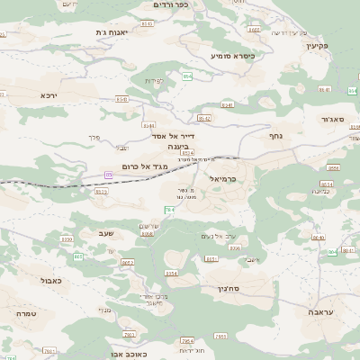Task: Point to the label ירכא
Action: [49, 95]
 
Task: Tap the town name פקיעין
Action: [339, 43]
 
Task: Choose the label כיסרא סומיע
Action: [233, 56]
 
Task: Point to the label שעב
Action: [103, 233]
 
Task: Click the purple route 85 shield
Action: [109, 174]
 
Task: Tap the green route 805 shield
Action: [78, 257]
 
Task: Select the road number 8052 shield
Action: [127, 262]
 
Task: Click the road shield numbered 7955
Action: [129, 335]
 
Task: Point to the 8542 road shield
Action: [204, 118]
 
